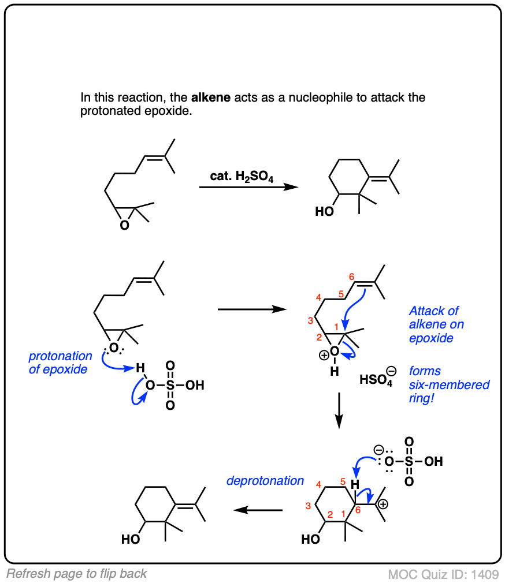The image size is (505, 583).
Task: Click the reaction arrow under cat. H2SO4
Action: coord(248,187)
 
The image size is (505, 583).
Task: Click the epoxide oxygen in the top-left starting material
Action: coord(125,226)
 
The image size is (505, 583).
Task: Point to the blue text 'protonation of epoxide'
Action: coord(61,362)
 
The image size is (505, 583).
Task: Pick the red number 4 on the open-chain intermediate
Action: coord(318,298)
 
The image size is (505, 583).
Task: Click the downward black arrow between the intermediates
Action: coord(340,410)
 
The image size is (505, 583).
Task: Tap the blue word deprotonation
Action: coord(265,480)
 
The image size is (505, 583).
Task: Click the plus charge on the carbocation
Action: coord(383,504)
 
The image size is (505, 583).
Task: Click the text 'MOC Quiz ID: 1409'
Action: coord(443,574)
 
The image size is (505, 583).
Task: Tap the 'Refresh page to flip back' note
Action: coord(77,574)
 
